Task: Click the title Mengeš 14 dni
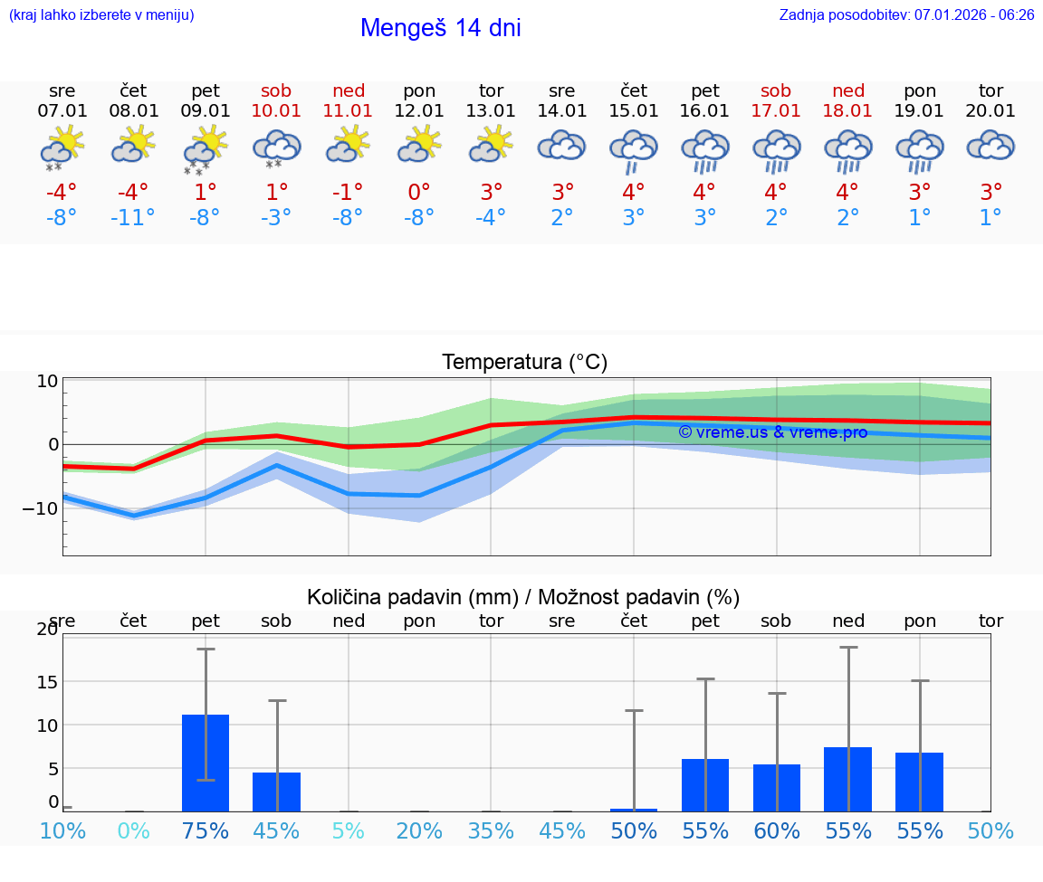[440, 28]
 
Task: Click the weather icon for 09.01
[206, 149]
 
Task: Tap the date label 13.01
[491, 111]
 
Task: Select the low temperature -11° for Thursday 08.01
[133, 218]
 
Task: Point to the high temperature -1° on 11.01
[348, 192]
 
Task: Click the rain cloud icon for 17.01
[776, 149]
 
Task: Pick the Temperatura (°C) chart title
[524, 363]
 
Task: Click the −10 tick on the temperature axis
[40, 508]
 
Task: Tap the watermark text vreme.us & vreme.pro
[772, 432]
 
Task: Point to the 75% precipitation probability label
[206, 830]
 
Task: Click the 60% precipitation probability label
[777, 830]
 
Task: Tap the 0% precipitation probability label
[133, 830]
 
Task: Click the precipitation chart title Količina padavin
[523, 597]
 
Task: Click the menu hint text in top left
[101, 14]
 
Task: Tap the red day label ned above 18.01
[848, 90]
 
